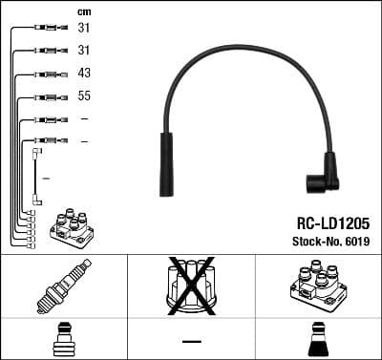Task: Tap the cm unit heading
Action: [84, 11]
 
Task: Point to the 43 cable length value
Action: [84, 74]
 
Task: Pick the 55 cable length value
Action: [84, 96]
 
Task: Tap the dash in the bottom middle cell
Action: [191, 341]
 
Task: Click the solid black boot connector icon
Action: [318, 340]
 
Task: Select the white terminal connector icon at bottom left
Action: [63, 340]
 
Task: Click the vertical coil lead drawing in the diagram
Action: [36, 177]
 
